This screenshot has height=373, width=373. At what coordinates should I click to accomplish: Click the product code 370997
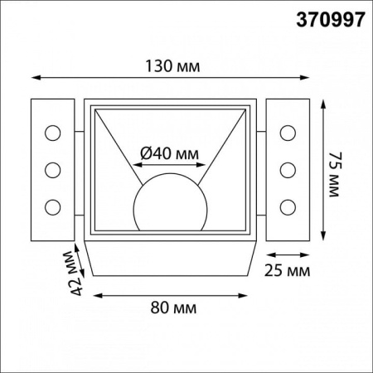click(331, 20)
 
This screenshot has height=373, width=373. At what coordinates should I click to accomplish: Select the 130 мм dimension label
click(172, 66)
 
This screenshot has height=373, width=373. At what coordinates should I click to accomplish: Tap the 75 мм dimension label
click(335, 174)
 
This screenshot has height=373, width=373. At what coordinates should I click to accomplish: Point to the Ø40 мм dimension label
click(169, 153)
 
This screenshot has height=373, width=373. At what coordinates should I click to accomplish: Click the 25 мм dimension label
click(287, 270)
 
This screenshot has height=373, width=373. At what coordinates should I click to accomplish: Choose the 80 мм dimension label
click(173, 308)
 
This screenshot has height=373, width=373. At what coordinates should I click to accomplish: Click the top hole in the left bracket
click(52, 133)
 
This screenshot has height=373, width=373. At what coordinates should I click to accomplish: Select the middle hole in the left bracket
click(52, 170)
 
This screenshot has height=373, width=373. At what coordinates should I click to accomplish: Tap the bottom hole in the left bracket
click(52, 207)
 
